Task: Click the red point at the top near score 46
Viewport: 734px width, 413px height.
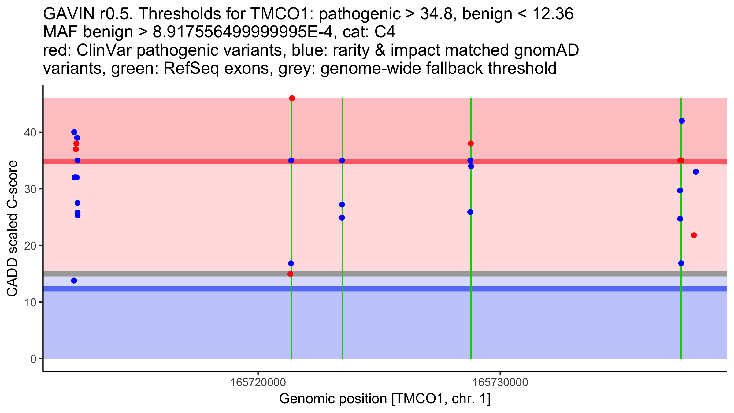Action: pyautogui.click(x=292, y=98)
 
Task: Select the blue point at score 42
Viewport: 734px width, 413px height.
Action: pyautogui.click(x=682, y=121)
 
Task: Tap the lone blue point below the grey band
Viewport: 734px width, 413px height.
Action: pyautogui.click(x=74, y=281)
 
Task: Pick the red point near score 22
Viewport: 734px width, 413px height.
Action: pyautogui.click(x=694, y=235)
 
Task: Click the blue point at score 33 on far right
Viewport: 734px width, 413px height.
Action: pyautogui.click(x=696, y=172)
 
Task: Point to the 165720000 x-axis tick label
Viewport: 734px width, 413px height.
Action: pyautogui.click(x=258, y=382)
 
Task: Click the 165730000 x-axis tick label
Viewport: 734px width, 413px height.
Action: pyautogui.click(x=500, y=382)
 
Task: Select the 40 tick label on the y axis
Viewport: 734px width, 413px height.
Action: pyautogui.click(x=30, y=132)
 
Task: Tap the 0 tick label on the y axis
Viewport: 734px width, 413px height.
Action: pyautogui.click(x=33, y=359)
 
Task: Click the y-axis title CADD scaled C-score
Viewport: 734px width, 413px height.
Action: pyautogui.click(x=12, y=229)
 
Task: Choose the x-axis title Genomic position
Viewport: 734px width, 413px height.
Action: pyautogui.click(x=385, y=399)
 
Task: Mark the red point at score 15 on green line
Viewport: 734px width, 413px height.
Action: pyautogui.click(x=290, y=274)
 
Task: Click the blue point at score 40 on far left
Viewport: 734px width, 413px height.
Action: pyautogui.click(x=74, y=132)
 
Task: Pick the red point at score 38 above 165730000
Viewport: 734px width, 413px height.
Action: pyautogui.click(x=471, y=143)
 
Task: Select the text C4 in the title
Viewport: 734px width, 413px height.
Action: pyautogui.click(x=385, y=32)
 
